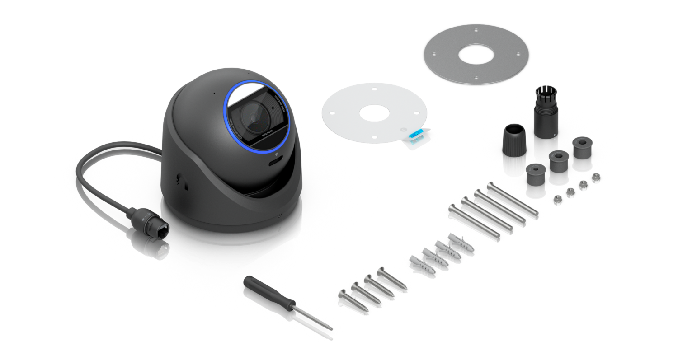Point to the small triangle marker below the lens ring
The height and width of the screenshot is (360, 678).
click(276, 154)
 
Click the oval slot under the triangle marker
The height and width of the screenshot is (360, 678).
click(275, 162)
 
